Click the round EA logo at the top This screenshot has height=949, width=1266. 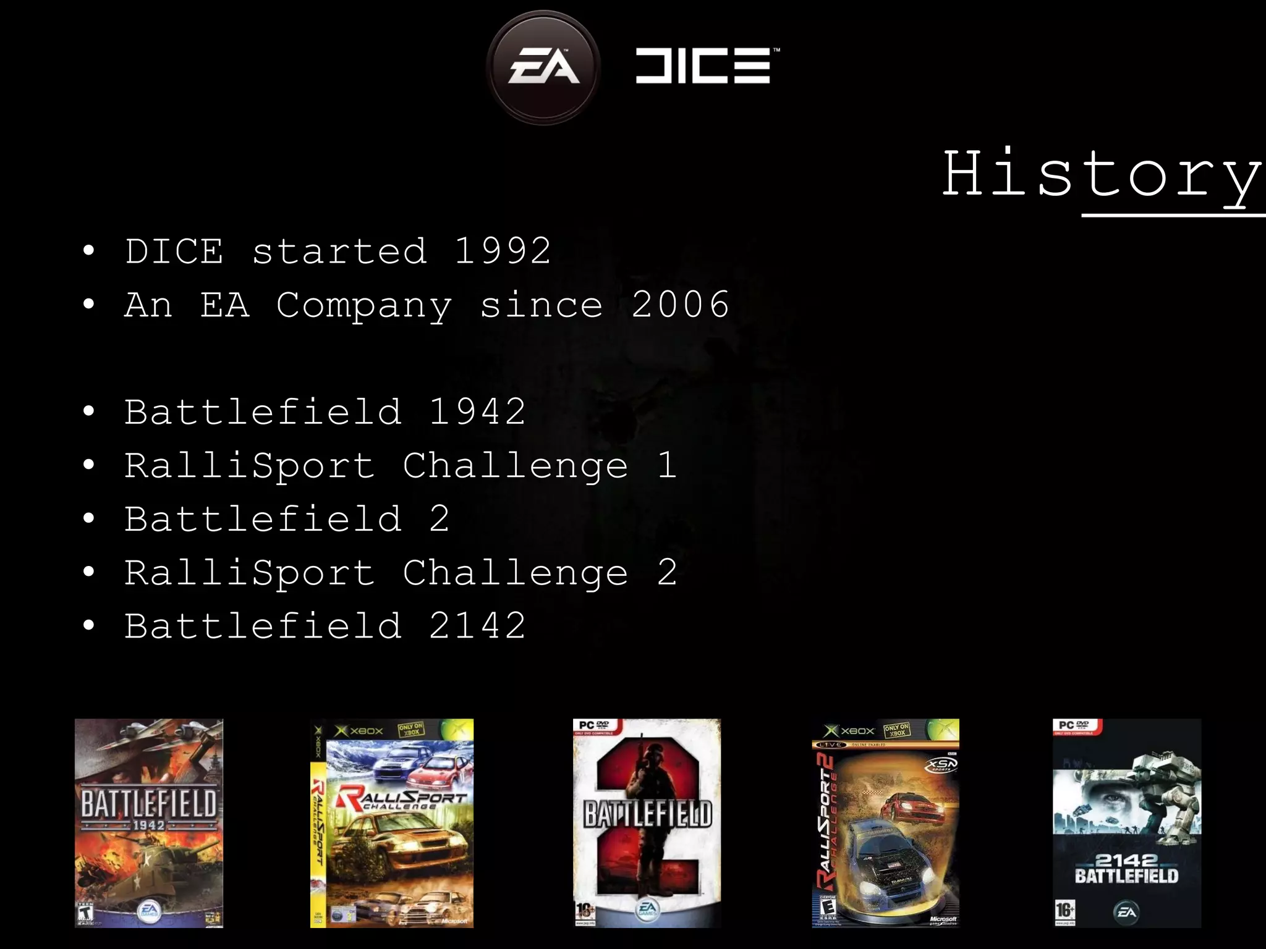click(x=543, y=67)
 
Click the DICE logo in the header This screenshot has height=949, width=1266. click(x=705, y=65)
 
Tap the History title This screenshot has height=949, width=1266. click(x=1102, y=175)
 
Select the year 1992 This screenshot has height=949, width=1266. click(x=503, y=251)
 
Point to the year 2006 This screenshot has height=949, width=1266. click(x=680, y=305)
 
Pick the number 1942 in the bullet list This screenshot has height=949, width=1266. click(x=477, y=411)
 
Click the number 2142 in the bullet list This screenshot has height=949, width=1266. click(x=477, y=625)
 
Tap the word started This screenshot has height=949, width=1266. click(x=339, y=251)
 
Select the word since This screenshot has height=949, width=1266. click(x=541, y=305)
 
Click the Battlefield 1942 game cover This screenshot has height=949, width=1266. click(x=149, y=822)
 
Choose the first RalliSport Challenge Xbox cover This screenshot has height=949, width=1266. click(x=392, y=822)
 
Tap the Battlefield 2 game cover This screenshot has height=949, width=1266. click(x=647, y=822)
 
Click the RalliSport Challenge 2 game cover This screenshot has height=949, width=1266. click(x=885, y=822)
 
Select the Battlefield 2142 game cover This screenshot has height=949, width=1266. click(x=1127, y=822)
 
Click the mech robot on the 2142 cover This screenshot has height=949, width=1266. click(x=1165, y=791)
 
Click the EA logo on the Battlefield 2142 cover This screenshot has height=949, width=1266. click(x=1126, y=912)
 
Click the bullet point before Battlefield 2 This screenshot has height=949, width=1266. click(x=89, y=519)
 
